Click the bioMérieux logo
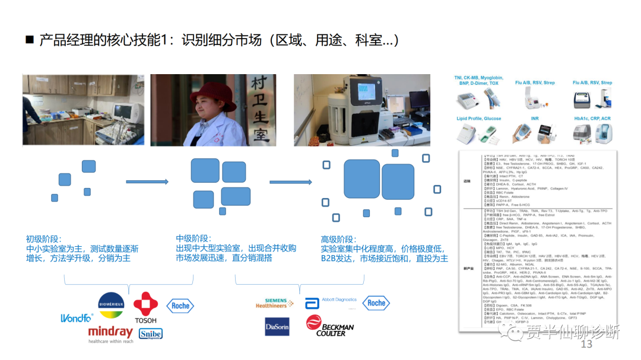click(111, 305)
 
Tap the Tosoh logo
click(145, 308)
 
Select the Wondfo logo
click(77, 318)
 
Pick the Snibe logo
click(150, 334)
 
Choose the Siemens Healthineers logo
click(272, 302)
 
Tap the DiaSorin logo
click(277, 327)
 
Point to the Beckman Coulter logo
click(330, 326)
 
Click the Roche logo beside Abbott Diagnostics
click(376, 302)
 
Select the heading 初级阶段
click(44, 238)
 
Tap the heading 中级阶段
click(193, 238)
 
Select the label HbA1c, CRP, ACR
click(592, 119)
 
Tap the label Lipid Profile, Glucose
click(478, 119)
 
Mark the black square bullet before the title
click(30, 40)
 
